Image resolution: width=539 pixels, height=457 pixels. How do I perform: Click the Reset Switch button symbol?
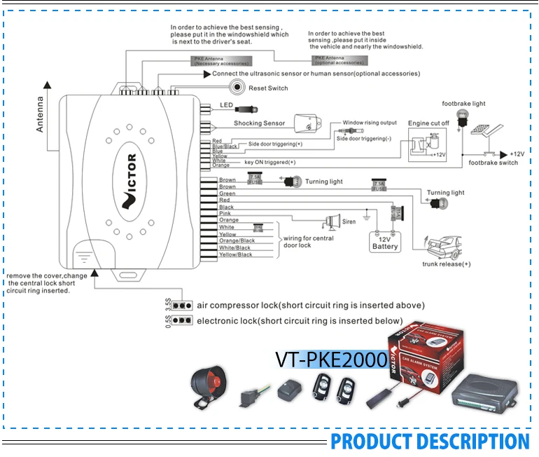pyautogui.click(x=239, y=88)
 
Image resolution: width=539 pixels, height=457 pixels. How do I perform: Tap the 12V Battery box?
pyautogui.click(x=385, y=241)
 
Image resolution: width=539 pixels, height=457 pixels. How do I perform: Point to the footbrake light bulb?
pyautogui.click(x=461, y=117)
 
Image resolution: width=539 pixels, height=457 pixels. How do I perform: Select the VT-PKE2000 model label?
pyautogui.click(x=331, y=359)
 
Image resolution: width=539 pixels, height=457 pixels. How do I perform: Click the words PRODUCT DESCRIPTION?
pyautogui.click(x=430, y=442)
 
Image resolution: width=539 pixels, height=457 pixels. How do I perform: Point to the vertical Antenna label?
pyautogui.click(x=40, y=115)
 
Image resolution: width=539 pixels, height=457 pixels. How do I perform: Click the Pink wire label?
pyautogui.click(x=225, y=214)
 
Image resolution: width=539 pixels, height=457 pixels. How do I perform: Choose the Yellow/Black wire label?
pyautogui.click(x=235, y=254)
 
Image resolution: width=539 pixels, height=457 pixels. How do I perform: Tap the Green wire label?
pyautogui.click(x=227, y=193)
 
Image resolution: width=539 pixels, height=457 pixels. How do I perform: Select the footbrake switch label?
pyautogui.click(x=493, y=163)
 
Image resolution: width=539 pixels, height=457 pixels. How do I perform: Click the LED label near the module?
pyautogui.click(x=226, y=105)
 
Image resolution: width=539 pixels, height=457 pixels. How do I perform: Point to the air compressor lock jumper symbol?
pyautogui.click(x=182, y=306)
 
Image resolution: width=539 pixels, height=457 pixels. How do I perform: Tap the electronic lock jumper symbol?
pyautogui.click(x=182, y=320)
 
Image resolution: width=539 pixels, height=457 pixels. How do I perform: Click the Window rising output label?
pyautogui.click(x=369, y=123)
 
